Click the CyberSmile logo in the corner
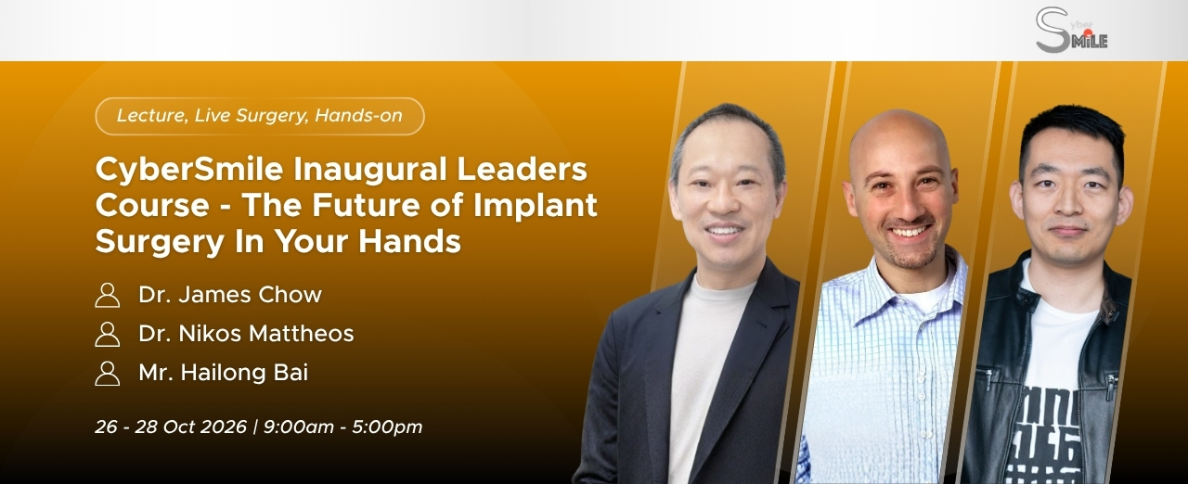(x=1071, y=31)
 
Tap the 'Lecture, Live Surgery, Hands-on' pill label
(x=260, y=116)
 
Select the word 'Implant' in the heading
(x=536, y=206)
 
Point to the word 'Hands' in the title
(x=409, y=241)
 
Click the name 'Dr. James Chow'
(x=230, y=295)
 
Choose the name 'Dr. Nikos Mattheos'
(x=246, y=334)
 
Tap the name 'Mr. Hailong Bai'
(x=224, y=373)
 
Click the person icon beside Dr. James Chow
(x=107, y=295)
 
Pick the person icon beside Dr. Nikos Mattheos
(x=107, y=334)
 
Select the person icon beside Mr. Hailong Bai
(x=107, y=374)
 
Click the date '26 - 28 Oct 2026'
(x=171, y=427)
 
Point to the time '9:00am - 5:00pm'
(x=342, y=427)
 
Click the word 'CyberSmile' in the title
(x=189, y=171)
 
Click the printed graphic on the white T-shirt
(x=1044, y=434)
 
